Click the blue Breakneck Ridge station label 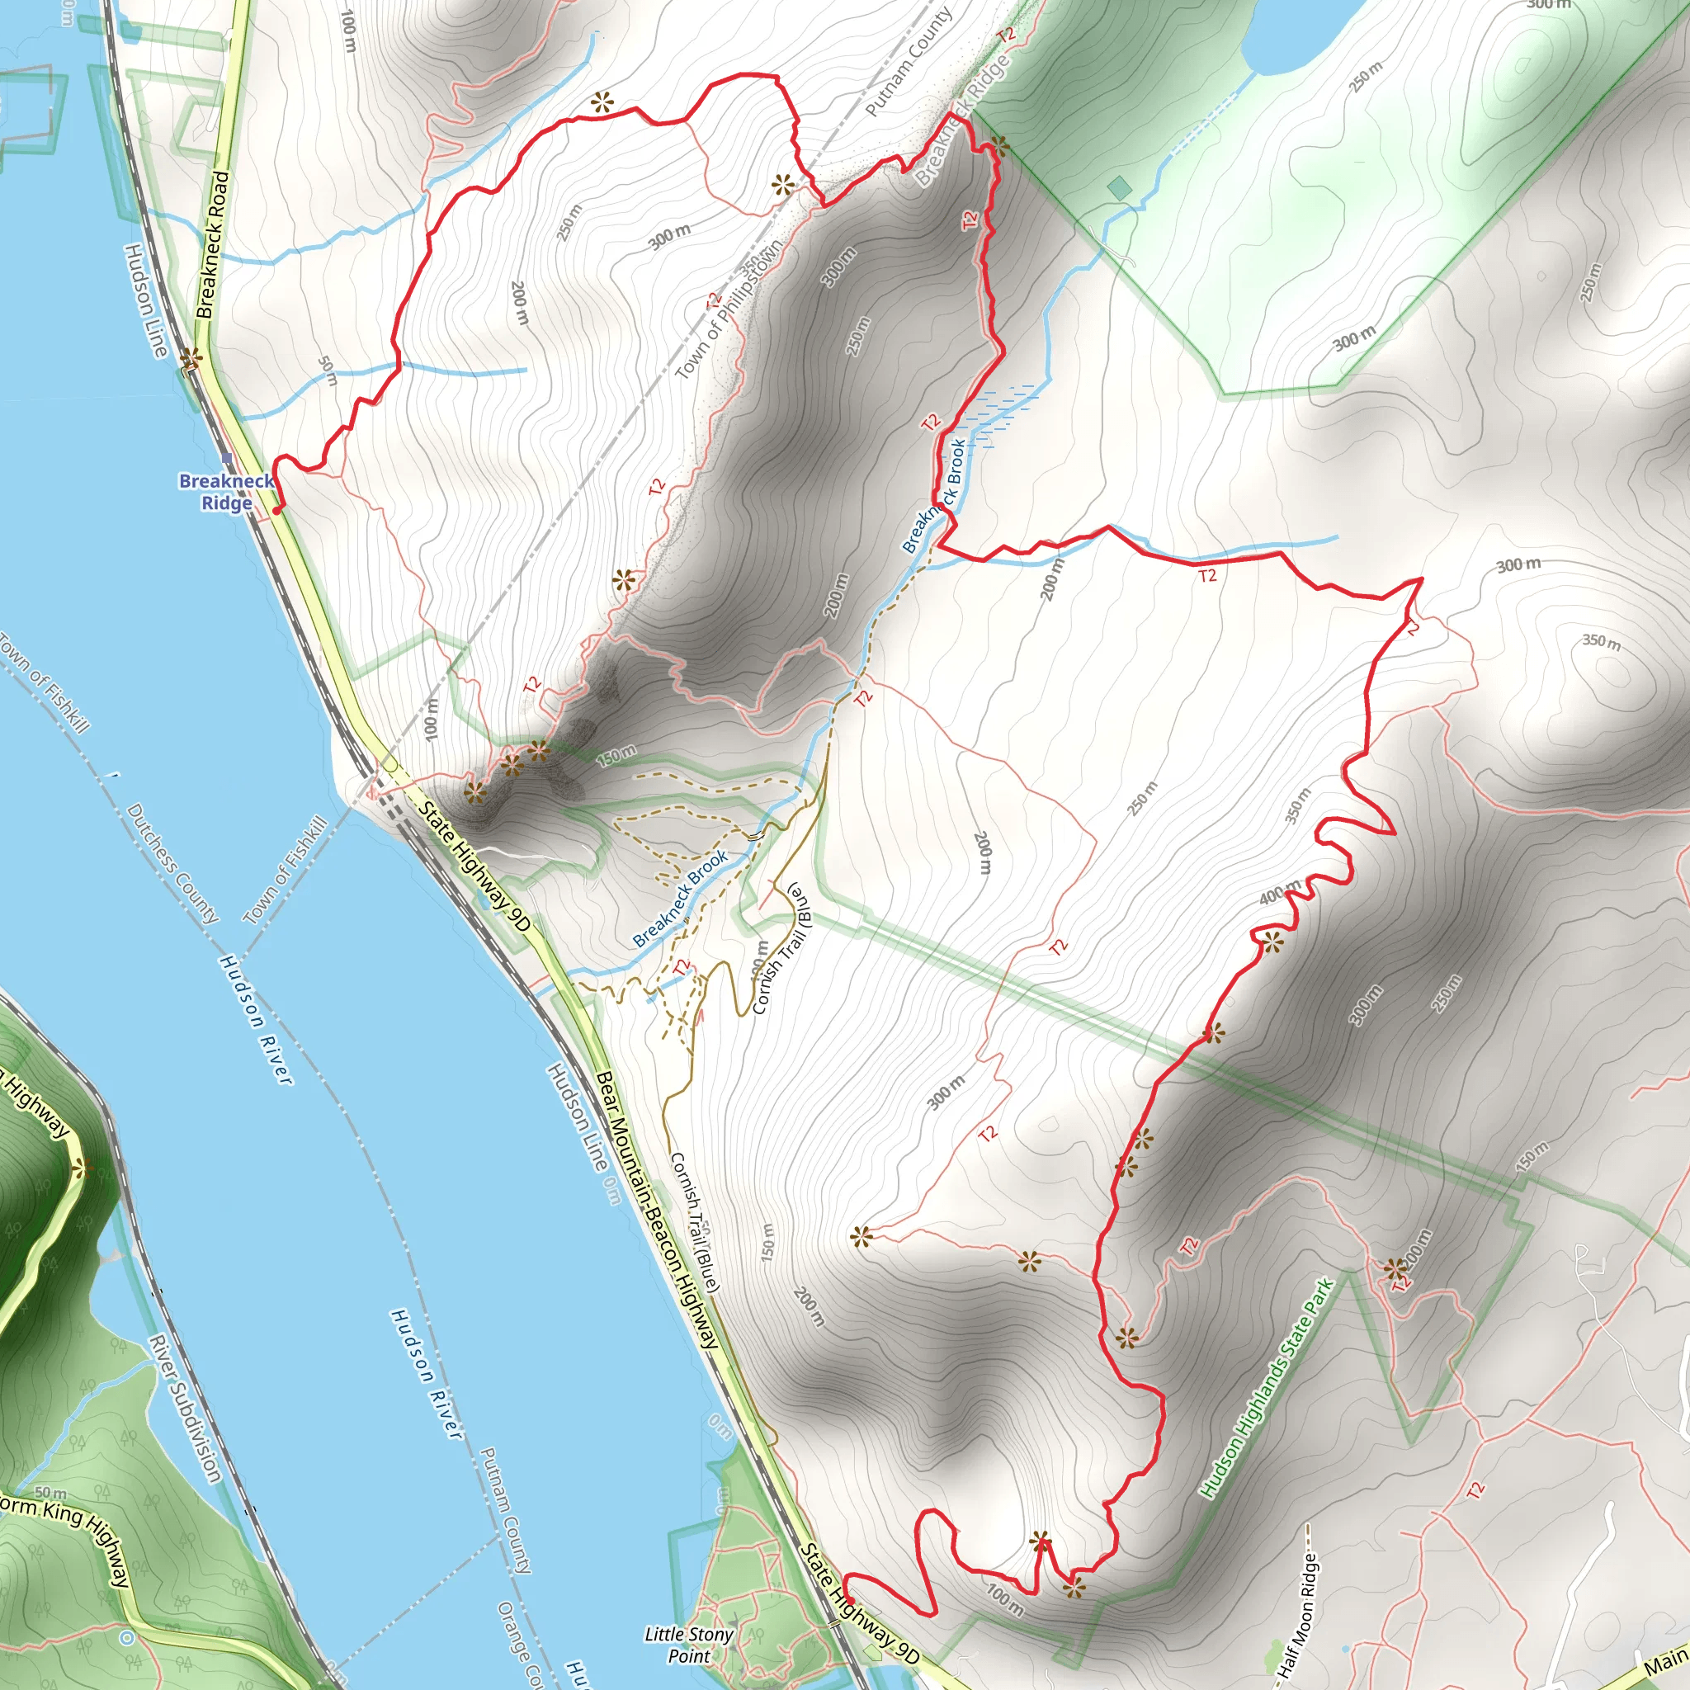click(225, 492)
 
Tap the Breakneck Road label click(213, 245)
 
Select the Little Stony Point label click(688, 1645)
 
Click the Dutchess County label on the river click(172, 863)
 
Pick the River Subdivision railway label click(184, 1409)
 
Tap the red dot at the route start click(276, 510)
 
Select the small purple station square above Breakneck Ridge click(228, 457)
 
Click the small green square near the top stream click(1118, 188)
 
